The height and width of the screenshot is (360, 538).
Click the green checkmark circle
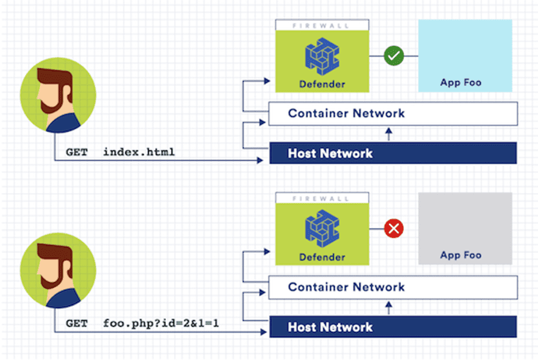(394, 56)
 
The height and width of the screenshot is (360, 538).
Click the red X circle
(394, 228)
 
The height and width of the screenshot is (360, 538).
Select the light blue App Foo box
(465, 55)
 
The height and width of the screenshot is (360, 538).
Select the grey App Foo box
(465, 228)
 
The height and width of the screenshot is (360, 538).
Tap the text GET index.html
(120, 153)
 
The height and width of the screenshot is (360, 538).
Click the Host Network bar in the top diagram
(392, 153)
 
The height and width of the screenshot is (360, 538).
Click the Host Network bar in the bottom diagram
(392, 327)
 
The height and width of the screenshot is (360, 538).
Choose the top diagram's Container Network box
(392, 113)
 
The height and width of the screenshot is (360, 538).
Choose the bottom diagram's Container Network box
(392, 287)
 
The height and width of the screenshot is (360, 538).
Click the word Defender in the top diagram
(322, 85)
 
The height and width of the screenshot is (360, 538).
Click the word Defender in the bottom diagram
(322, 257)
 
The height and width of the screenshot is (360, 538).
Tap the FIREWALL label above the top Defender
(322, 26)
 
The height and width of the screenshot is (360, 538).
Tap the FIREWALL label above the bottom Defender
(322, 198)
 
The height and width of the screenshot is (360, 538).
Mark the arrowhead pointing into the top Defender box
(270, 78)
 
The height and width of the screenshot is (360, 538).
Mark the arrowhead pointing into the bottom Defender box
(270, 251)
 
